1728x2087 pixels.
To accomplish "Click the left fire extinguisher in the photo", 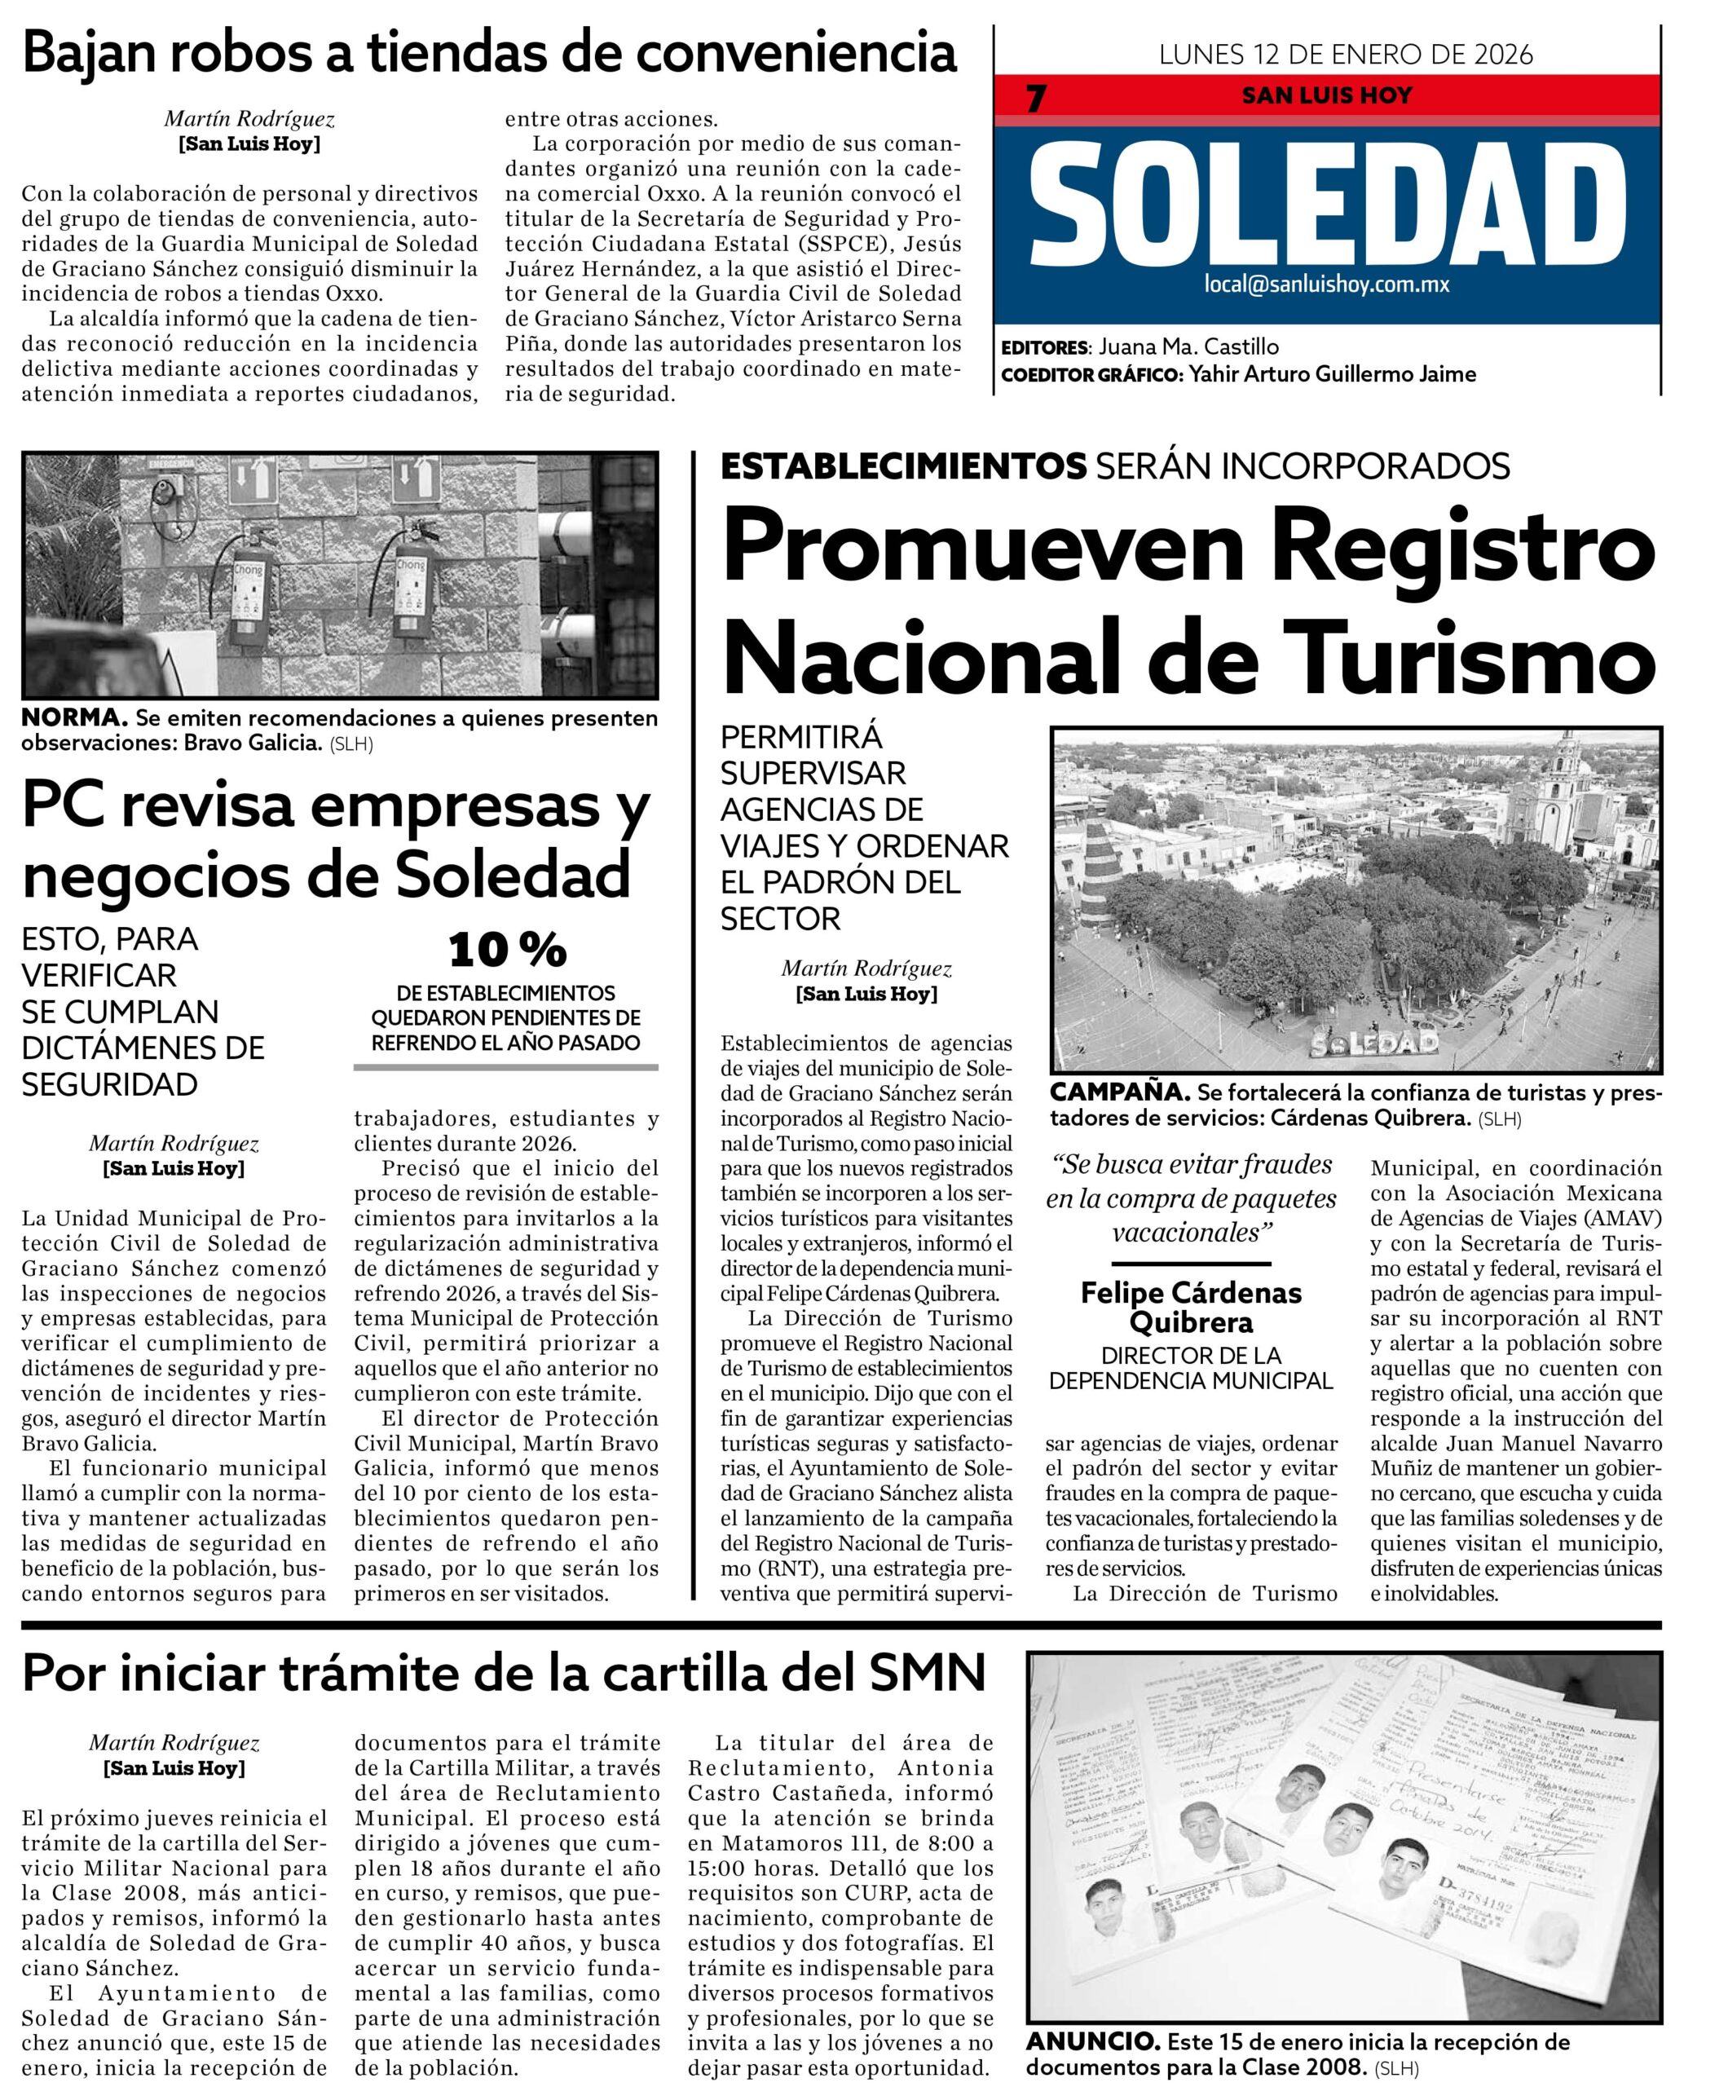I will pos(246,589).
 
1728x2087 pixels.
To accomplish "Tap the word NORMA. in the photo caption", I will pos(73,717).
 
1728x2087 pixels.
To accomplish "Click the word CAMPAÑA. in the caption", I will pos(1120,1092).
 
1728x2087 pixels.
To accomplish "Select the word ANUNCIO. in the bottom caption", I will pos(1092,2041).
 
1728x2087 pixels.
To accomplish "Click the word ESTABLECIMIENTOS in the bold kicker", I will pos(902,466).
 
